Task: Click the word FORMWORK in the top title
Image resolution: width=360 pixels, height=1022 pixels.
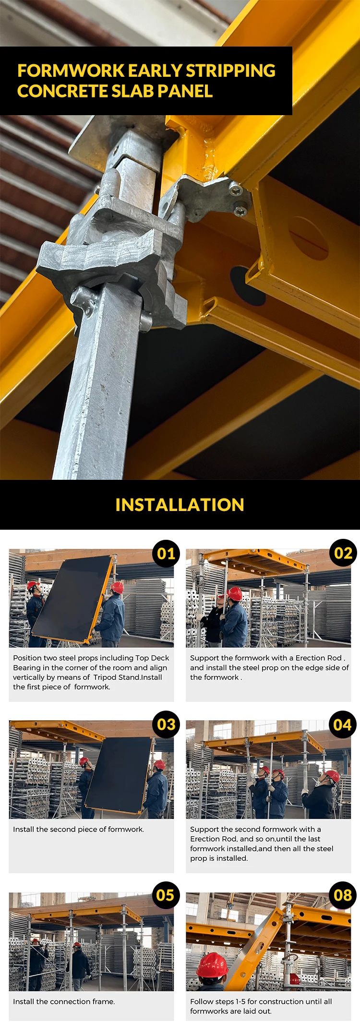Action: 71,71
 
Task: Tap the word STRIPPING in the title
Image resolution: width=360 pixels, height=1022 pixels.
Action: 230,71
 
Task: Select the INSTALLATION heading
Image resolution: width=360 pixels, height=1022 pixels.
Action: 180,505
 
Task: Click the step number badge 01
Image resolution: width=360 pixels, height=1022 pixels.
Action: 166,553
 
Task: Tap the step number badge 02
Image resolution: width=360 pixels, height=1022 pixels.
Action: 343,553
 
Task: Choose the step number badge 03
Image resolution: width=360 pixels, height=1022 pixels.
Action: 166,724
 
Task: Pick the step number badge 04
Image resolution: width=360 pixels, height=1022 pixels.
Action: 343,724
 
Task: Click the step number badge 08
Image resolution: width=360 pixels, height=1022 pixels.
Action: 343,895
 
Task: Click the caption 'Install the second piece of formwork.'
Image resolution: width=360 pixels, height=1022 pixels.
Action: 78,829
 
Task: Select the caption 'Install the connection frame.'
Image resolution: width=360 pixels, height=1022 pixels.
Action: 64,1001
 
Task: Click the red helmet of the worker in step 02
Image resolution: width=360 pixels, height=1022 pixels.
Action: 235,594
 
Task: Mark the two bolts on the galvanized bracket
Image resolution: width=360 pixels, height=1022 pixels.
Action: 238,199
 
